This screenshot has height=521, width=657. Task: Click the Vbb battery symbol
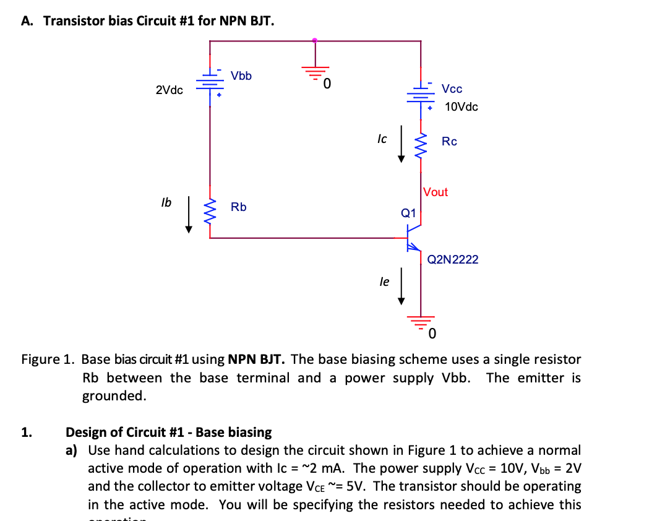pyautogui.click(x=210, y=85)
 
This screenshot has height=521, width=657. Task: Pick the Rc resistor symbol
pyautogui.click(x=421, y=145)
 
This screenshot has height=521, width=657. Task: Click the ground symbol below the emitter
pyautogui.click(x=421, y=321)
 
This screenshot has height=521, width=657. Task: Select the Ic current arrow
pyautogui.click(x=401, y=145)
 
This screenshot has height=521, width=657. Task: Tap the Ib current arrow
pyautogui.click(x=189, y=217)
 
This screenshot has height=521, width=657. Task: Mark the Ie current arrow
pyautogui.click(x=401, y=286)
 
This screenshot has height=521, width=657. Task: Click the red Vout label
pyautogui.click(x=436, y=192)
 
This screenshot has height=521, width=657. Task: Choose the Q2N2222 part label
pyautogui.click(x=453, y=259)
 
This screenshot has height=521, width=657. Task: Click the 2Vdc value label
pyautogui.click(x=169, y=90)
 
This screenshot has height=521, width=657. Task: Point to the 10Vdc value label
pyautogui.click(x=461, y=107)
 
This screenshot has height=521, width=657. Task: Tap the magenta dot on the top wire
pyautogui.click(x=315, y=41)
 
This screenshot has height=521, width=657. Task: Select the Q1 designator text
pyautogui.click(x=408, y=213)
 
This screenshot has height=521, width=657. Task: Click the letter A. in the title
pyautogui.click(x=27, y=21)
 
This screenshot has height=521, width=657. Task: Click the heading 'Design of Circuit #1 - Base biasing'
pyautogui.click(x=168, y=432)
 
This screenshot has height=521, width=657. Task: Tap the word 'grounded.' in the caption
pyautogui.click(x=114, y=396)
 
